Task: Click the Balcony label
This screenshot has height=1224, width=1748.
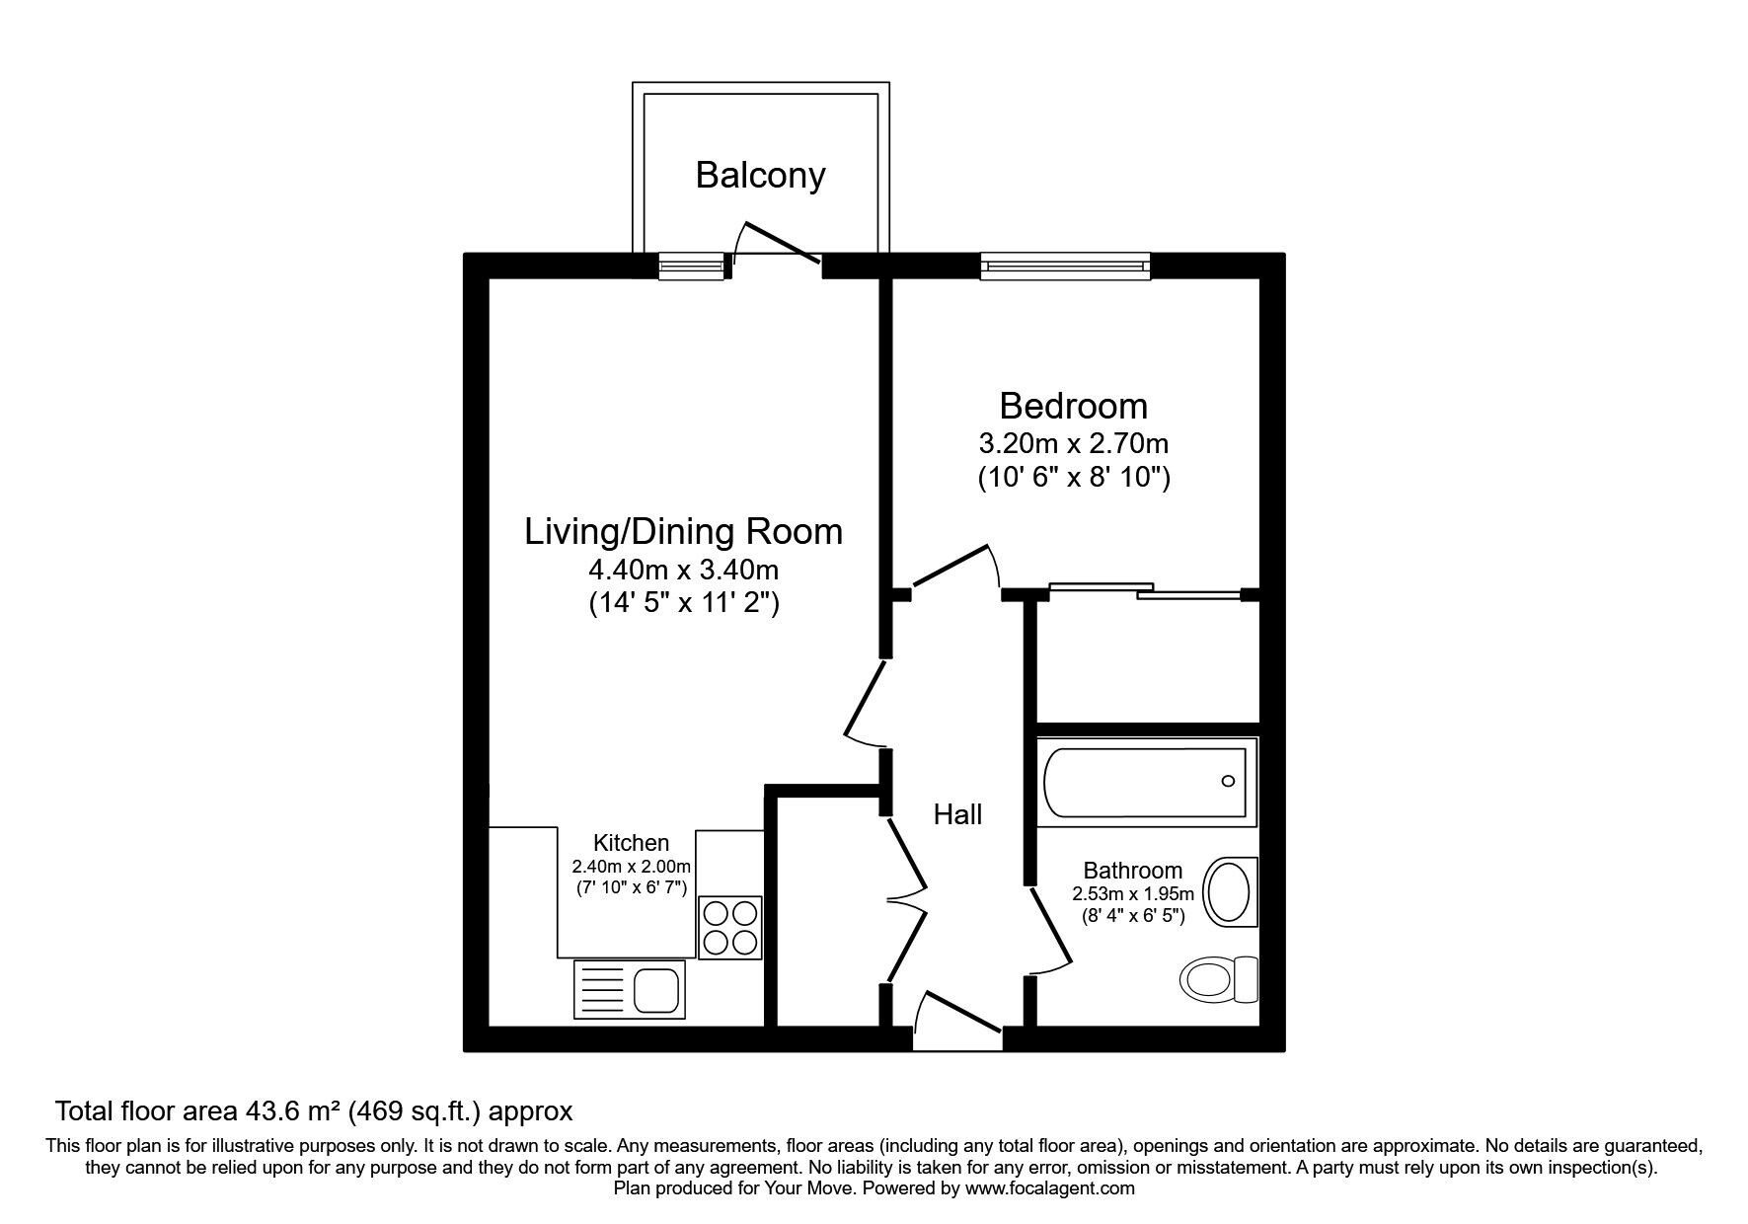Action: click(x=760, y=175)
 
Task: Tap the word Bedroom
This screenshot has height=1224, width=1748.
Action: click(x=1073, y=406)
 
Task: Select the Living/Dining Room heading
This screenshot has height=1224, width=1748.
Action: click(x=683, y=531)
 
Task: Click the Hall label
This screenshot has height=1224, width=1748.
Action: click(x=957, y=814)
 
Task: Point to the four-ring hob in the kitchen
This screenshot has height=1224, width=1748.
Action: click(x=730, y=927)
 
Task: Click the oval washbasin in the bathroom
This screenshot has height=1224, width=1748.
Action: click(x=1230, y=891)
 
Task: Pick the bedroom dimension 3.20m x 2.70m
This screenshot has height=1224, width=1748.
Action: click(x=1073, y=443)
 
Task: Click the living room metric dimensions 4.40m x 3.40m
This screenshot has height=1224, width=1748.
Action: click(x=683, y=570)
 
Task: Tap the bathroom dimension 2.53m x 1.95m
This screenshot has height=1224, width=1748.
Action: click(x=1132, y=894)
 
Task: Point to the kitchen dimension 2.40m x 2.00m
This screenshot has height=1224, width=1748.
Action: click(x=631, y=867)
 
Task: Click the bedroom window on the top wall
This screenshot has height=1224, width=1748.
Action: click(x=1066, y=266)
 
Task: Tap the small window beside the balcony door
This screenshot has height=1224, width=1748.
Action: click(x=691, y=266)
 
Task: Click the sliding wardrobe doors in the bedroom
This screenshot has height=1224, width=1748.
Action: click(x=1145, y=591)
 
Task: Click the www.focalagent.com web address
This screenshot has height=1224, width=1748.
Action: click(x=1049, y=1188)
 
